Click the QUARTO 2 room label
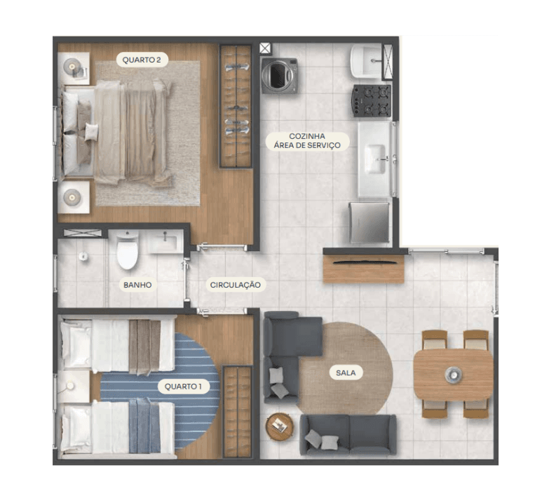click(x=142, y=60)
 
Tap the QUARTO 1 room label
click(x=183, y=387)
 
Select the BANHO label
click(x=137, y=285)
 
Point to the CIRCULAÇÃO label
click(x=236, y=285)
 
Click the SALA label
click(x=346, y=373)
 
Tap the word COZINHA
click(x=307, y=136)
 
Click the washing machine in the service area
click(x=280, y=76)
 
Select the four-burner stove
click(x=372, y=100)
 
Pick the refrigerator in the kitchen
click(x=370, y=223)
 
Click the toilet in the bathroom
click(x=127, y=249)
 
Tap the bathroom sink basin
click(x=165, y=241)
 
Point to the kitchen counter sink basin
click(x=375, y=159)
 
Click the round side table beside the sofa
click(x=279, y=427)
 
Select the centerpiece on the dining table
click(x=453, y=375)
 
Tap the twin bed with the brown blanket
click(x=117, y=345)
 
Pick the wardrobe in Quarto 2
click(x=236, y=106)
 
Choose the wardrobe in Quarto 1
click(x=238, y=412)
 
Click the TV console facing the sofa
click(x=364, y=269)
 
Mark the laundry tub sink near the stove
click(x=367, y=62)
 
